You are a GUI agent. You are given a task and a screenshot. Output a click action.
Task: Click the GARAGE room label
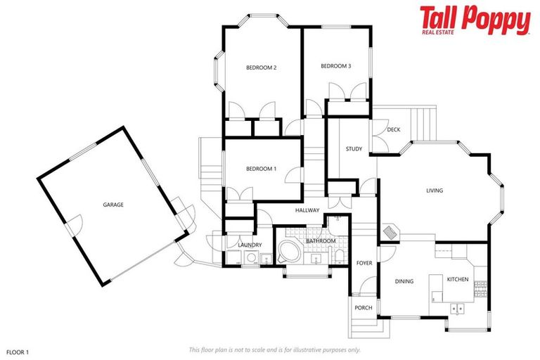click(113, 205)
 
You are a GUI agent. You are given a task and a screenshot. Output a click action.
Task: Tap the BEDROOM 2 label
click(261, 67)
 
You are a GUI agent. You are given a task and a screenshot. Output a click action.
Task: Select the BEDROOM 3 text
click(335, 66)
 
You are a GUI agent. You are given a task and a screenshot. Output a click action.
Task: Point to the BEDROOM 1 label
click(261, 169)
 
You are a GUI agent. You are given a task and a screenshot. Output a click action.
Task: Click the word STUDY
click(354, 149)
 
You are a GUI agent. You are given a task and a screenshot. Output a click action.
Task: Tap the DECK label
click(393, 129)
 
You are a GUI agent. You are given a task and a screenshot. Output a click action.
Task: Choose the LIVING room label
click(435, 190)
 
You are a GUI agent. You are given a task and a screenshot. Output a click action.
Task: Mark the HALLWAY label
click(307, 210)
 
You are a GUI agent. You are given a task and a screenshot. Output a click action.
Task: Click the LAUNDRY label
click(250, 245)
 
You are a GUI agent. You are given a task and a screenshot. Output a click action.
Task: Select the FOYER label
click(364, 263)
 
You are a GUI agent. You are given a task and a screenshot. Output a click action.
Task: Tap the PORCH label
click(364, 307)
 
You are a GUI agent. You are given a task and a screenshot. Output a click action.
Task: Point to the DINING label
click(404, 281)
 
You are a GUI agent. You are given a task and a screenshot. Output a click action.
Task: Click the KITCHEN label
click(458, 279)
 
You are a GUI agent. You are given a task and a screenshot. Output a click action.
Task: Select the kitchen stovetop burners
click(481, 286)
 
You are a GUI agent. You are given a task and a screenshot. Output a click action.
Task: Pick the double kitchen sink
click(458, 308)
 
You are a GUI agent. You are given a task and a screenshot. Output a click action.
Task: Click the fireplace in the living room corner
click(390, 231)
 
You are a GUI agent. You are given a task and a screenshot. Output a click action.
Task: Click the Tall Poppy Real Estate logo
click(475, 20)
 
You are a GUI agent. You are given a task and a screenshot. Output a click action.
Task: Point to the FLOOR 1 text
click(18, 349)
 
